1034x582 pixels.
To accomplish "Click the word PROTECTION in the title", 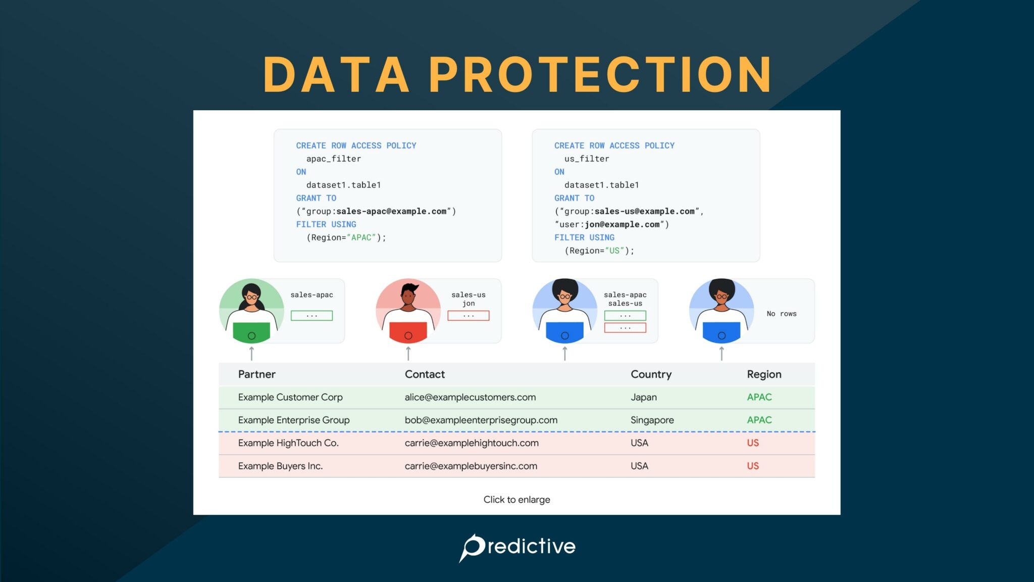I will tap(600, 75).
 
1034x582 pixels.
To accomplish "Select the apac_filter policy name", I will tap(333, 159).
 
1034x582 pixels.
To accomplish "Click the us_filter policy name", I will tap(587, 159).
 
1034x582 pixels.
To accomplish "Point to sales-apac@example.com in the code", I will tap(391, 211).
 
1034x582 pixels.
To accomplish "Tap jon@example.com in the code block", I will tap(622, 224).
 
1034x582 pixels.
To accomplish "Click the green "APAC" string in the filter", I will tap(361, 237).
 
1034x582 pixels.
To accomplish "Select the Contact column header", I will tap(425, 374).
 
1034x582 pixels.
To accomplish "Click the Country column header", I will tap(651, 374).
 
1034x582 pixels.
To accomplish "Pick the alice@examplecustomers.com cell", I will tap(470, 397).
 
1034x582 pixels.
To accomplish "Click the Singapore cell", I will tap(652, 420).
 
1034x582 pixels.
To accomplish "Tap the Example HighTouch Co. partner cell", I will tap(288, 443).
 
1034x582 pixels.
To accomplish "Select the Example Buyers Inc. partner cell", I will tap(280, 466).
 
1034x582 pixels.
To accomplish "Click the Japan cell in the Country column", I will tap(644, 397).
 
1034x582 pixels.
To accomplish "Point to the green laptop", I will tap(251, 333).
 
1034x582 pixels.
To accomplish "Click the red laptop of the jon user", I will tap(408, 333).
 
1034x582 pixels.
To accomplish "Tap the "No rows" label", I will tap(782, 314).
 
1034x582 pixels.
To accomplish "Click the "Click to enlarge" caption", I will tap(516, 500).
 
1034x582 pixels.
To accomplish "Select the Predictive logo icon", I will tap(473, 547).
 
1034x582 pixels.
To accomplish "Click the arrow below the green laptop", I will tap(251, 353).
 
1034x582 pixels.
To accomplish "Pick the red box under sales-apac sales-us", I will tap(625, 328).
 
